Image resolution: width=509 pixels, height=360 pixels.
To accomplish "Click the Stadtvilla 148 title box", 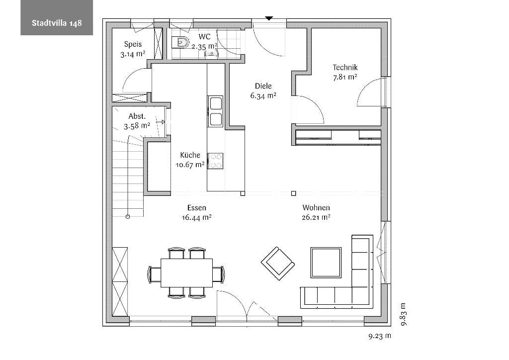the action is [57, 17].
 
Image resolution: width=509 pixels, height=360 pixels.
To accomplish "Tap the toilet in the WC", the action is [180, 42].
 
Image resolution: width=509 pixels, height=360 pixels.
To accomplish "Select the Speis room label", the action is [133, 44].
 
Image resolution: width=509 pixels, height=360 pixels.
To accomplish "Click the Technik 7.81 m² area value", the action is [345, 77].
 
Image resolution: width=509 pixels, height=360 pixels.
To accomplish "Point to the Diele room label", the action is [263, 86].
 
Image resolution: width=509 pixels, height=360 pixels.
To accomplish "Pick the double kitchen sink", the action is [216, 111].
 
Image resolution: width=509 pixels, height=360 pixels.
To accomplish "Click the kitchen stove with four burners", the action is [216, 161].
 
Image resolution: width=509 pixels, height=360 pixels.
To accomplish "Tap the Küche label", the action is [190, 155].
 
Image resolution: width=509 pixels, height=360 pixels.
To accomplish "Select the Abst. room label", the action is [137, 116].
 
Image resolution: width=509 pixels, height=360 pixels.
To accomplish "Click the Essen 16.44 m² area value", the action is [197, 217].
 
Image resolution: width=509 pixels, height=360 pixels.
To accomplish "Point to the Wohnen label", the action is [316, 208].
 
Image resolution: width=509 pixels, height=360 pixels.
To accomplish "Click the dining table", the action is [187, 273].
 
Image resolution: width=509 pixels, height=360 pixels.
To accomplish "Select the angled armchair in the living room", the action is [278, 264].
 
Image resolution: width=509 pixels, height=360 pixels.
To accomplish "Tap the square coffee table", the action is [326, 263].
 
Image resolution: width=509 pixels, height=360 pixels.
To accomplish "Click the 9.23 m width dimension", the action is [380, 336].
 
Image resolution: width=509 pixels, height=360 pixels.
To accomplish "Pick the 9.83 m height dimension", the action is [403, 314].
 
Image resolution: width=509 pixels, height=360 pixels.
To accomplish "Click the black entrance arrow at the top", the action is [269, 18].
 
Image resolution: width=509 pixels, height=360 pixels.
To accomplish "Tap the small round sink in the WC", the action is [211, 54].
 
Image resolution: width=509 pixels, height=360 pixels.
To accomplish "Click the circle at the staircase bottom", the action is [128, 216].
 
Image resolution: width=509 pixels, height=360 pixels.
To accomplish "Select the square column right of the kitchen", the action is [293, 193].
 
